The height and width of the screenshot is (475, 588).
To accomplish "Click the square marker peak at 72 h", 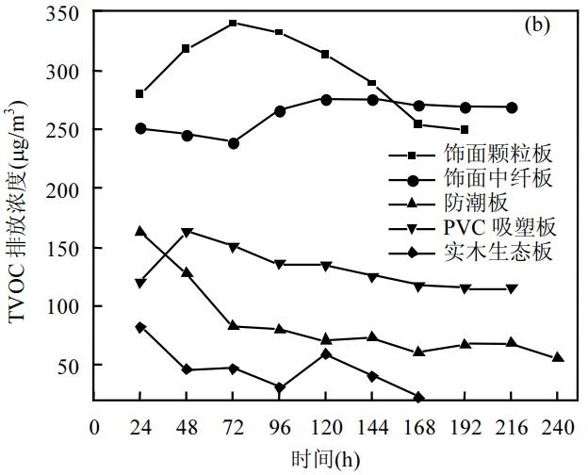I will (233, 23).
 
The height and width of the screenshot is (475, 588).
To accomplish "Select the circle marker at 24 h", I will (140, 128).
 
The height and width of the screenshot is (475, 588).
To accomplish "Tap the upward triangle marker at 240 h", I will (558, 357).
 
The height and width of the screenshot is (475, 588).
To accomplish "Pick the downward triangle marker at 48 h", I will (187, 232).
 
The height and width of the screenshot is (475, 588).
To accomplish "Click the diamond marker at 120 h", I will (325, 353).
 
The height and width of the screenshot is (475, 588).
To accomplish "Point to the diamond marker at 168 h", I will (418, 398).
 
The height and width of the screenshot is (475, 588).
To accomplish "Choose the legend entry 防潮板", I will (475, 203).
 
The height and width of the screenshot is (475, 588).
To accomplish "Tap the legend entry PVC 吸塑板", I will (499, 227).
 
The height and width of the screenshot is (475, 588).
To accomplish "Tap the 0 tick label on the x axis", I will (94, 427).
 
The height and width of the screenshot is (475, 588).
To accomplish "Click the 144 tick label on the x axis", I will (371, 427).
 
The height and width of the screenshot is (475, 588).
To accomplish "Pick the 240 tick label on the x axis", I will (557, 427).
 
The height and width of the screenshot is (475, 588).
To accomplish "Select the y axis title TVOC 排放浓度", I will (19, 216).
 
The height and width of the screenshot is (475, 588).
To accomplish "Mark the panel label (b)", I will (538, 25).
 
